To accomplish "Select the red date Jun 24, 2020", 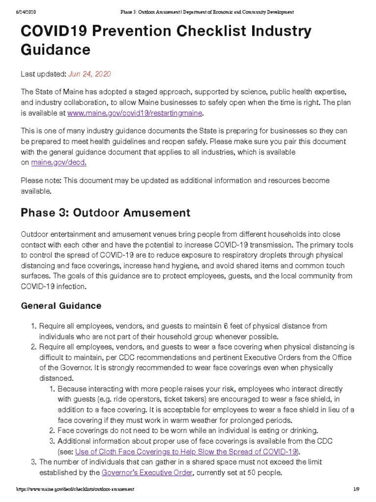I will pos(90,74).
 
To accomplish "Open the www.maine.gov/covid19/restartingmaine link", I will pos(135,113).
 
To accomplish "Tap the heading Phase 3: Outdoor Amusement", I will pos(105,213).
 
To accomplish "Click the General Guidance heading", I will pos(61,305).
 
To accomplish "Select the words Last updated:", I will pos(43,74).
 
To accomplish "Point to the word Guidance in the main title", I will pos(55,50).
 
